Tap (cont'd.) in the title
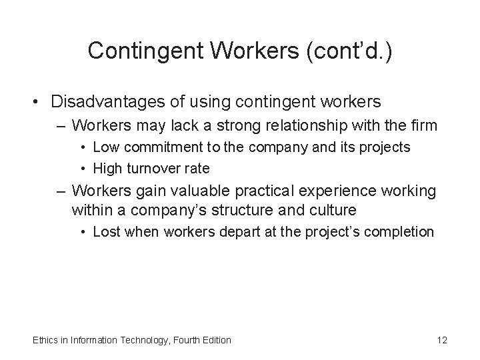pyautogui.click(x=349, y=51)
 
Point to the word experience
pyautogui.click(x=337, y=191)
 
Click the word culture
pyautogui.click(x=333, y=211)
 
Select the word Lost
pyautogui.click(x=105, y=233)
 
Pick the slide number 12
pyautogui.click(x=441, y=340)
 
